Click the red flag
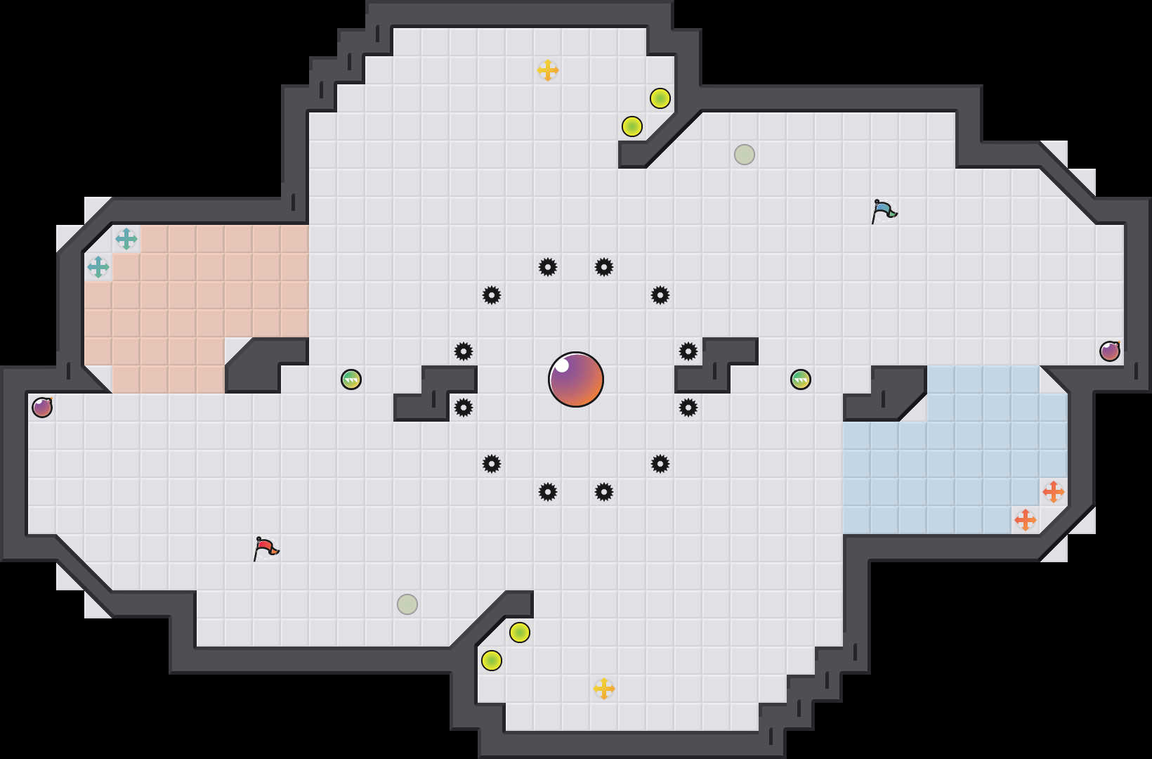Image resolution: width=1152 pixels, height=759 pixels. click(266, 547)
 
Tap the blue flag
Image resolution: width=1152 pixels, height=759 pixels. click(884, 209)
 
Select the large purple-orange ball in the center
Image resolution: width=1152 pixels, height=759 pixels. click(576, 379)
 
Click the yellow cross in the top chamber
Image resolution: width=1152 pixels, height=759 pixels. click(548, 70)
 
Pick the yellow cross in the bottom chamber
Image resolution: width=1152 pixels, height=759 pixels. click(604, 689)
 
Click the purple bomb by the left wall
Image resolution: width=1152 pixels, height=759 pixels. click(42, 408)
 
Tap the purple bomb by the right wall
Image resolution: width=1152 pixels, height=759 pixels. click(1110, 351)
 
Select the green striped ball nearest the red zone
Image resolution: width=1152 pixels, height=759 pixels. click(351, 379)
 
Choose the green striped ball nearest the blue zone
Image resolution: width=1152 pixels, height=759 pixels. click(801, 379)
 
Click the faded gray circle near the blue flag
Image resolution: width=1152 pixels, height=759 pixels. click(745, 155)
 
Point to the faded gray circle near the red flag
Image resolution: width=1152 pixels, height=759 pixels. click(407, 604)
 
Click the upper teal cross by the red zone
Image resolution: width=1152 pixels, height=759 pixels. click(126, 239)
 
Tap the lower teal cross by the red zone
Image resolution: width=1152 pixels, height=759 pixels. click(98, 267)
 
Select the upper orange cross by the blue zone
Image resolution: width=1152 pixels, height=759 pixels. click(1054, 492)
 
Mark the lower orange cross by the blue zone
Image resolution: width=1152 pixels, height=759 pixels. click(1026, 520)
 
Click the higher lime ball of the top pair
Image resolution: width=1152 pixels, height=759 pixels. click(660, 98)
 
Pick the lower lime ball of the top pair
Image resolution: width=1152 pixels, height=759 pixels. click(632, 126)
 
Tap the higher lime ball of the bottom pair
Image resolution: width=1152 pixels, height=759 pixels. click(520, 632)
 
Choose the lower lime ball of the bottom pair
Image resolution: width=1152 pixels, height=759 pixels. click(492, 661)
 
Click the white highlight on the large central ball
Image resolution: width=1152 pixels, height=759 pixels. click(561, 365)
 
